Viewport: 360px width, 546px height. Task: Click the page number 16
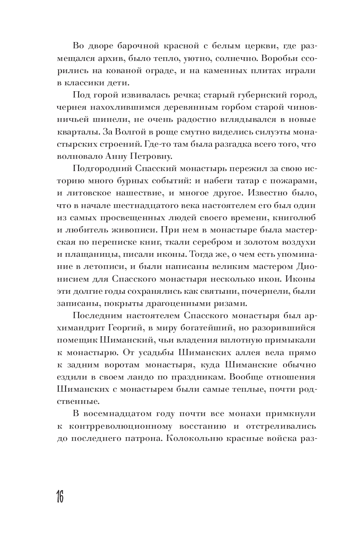58,497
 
